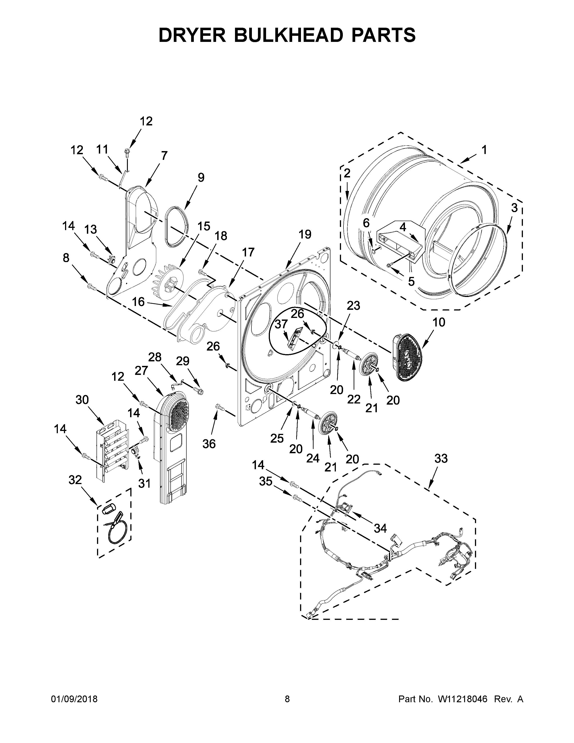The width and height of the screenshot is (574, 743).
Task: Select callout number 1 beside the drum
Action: [x=484, y=150]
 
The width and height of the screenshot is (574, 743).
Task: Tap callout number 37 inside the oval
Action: [x=281, y=324]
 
